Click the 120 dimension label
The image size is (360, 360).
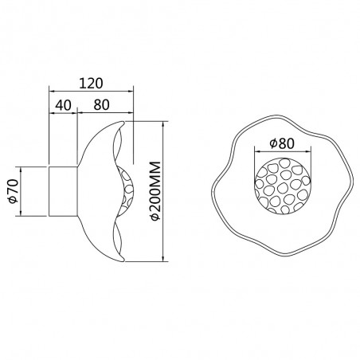pos(92,82)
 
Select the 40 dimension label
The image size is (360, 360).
pos(64,104)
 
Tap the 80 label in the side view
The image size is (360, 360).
pos(101,104)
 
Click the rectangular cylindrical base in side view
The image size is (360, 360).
pos(64,191)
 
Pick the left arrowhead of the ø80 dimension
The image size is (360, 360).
pos(255,152)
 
